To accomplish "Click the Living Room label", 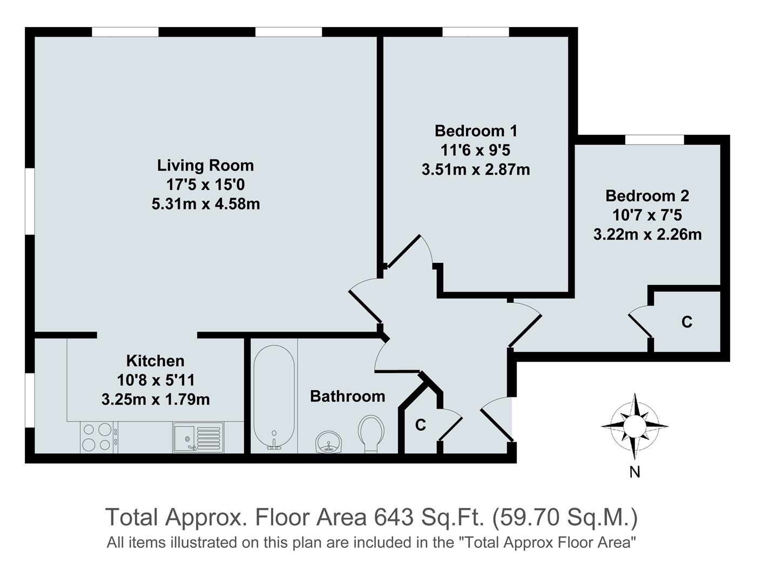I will point(205,165).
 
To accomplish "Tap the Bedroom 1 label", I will point(476,131).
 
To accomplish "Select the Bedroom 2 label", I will point(647,195).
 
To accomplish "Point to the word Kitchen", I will point(155,361).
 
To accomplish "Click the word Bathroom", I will point(347,396).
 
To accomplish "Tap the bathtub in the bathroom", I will point(274,397).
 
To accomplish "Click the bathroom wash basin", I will point(329,442).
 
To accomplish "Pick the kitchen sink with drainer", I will point(198,437).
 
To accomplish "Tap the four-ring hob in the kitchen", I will point(97,437).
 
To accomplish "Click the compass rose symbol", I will point(635,425).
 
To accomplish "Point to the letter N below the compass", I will point(635,472).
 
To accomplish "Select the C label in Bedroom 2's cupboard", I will point(686,322).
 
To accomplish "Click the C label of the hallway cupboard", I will point(420,425).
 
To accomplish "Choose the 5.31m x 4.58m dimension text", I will point(206,205).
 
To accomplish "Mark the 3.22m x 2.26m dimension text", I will point(647,235).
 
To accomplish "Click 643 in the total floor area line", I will point(393,517).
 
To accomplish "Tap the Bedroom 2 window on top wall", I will point(654,140).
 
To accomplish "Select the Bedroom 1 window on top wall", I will point(475,32).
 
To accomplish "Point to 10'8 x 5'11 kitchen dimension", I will point(156,381).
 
